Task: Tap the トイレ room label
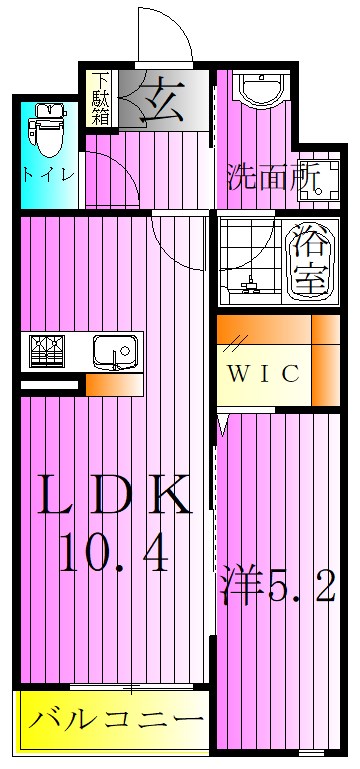(x=47, y=175)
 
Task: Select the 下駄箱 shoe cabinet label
(x=100, y=97)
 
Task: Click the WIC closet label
(x=262, y=375)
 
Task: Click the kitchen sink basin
(x=111, y=351)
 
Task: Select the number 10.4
(x=113, y=551)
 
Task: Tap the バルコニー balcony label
(x=112, y=720)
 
